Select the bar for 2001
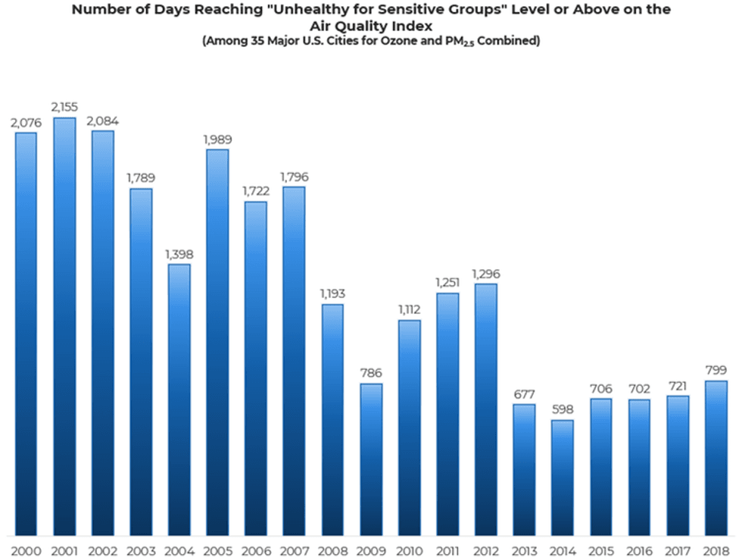(x=64, y=326)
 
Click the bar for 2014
(x=563, y=478)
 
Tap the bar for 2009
(x=371, y=459)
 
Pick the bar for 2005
(x=218, y=343)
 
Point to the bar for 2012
(x=486, y=409)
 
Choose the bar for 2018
(x=716, y=458)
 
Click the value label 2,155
(x=64, y=107)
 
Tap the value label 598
(x=563, y=409)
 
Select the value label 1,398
(x=179, y=255)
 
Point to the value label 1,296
(x=486, y=274)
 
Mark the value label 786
(x=371, y=373)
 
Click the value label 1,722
(x=256, y=191)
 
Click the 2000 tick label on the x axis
(x=26, y=551)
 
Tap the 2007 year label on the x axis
(x=295, y=551)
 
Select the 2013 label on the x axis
(x=524, y=551)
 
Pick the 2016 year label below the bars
(x=639, y=551)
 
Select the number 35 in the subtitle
(x=257, y=41)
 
